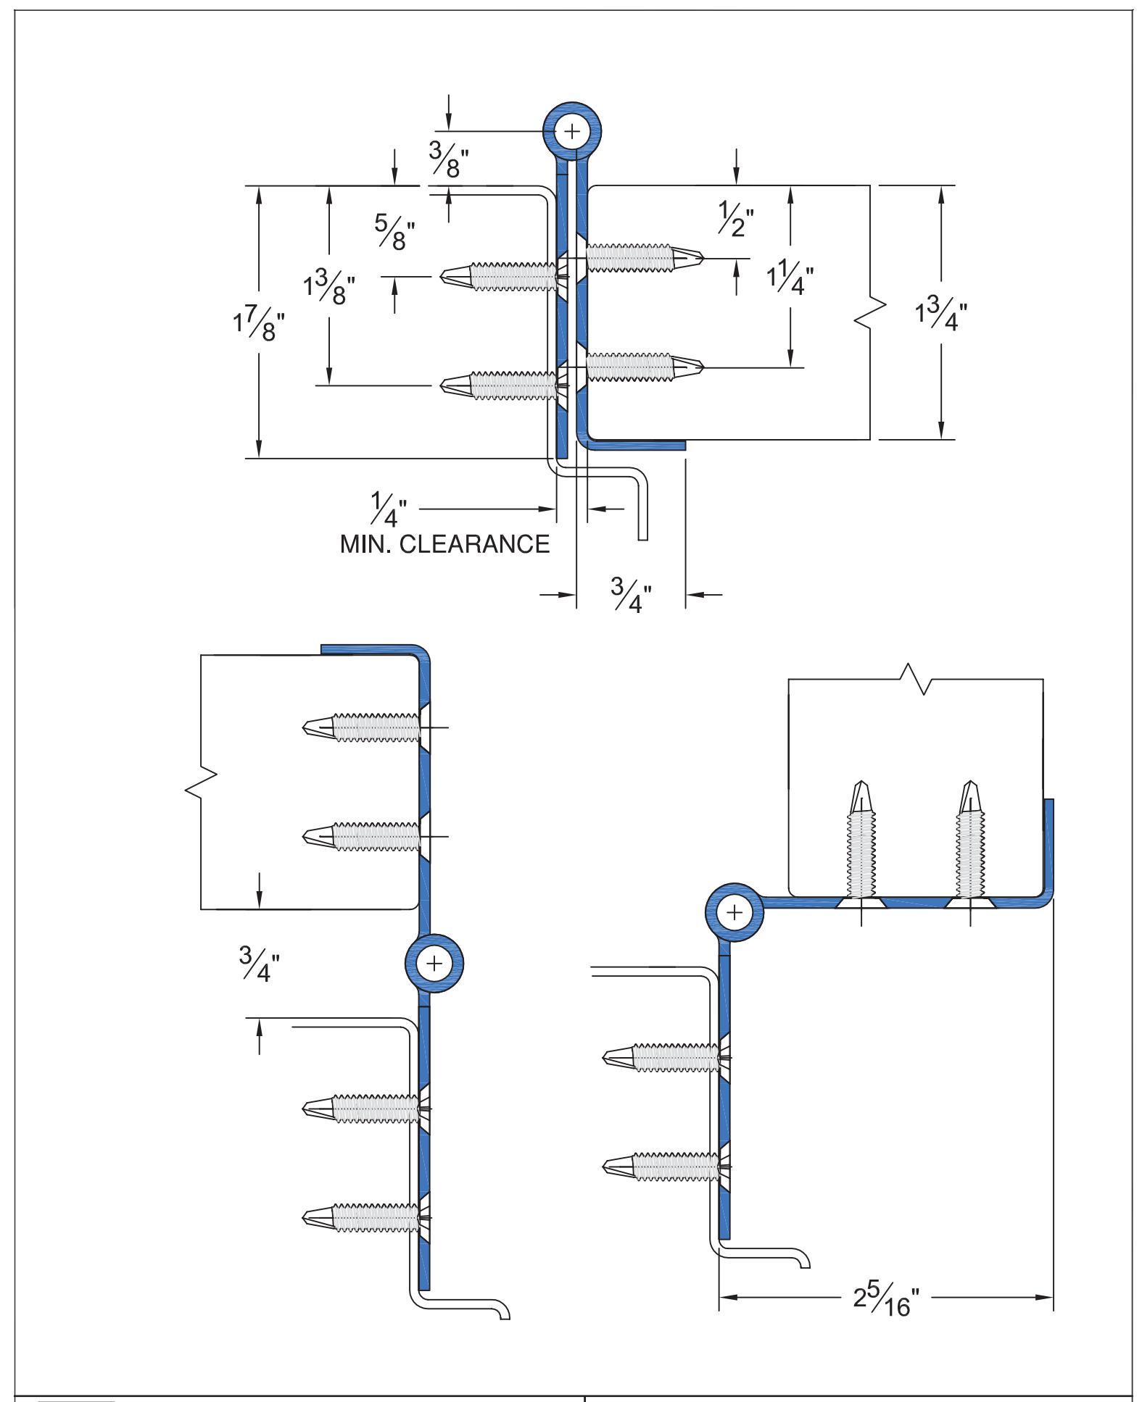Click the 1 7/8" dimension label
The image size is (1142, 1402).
coord(254,327)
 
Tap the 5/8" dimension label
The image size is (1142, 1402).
coord(395,232)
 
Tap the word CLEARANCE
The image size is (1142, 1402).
coord(475,543)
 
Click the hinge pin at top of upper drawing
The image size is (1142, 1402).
coord(573,131)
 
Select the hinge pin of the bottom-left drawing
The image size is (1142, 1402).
coord(434,963)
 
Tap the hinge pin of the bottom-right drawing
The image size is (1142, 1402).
coord(735,911)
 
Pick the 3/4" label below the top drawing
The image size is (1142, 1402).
coord(631,595)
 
